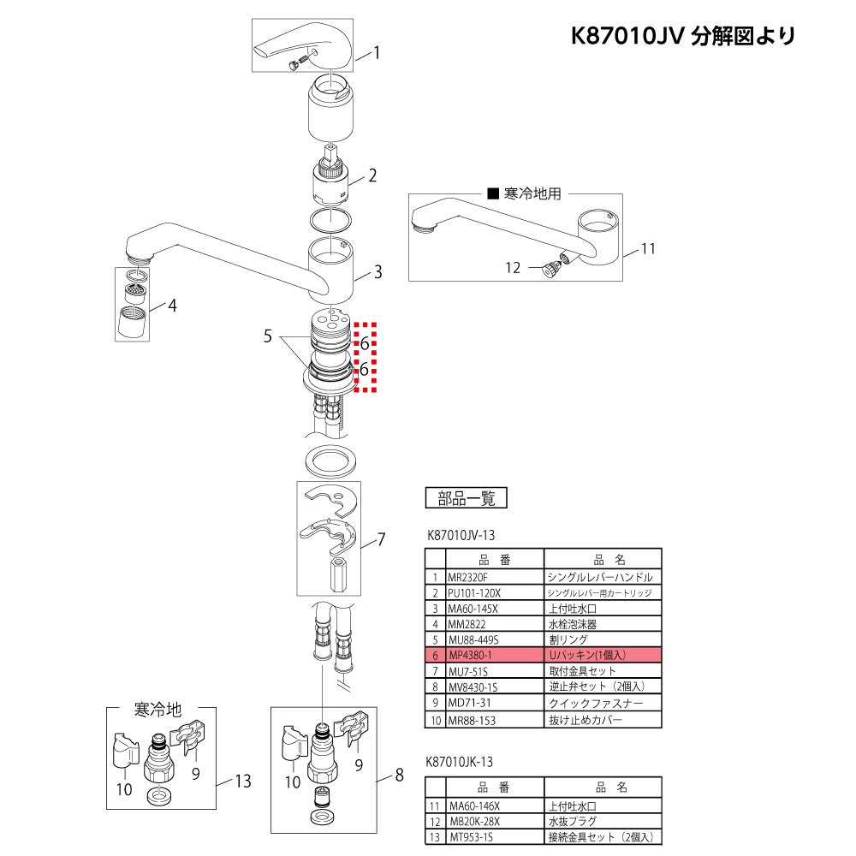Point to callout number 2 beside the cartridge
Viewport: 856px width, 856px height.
[x=372, y=177]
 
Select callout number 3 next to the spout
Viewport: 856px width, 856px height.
[x=377, y=273]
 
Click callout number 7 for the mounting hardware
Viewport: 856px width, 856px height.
[x=381, y=539]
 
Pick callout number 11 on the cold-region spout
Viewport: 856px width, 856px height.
[x=647, y=249]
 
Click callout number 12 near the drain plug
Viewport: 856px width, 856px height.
[x=512, y=268]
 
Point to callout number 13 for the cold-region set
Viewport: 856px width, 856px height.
[x=243, y=781]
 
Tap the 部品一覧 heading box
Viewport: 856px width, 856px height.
[x=467, y=497]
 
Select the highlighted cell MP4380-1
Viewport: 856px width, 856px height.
[x=470, y=654]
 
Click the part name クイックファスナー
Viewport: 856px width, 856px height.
[x=590, y=703]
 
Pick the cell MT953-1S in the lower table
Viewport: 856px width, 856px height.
[x=473, y=836]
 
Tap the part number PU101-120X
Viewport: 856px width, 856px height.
[x=473, y=593]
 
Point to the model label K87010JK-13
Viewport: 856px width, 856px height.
[x=459, y=761]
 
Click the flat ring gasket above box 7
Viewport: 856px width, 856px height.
[x=330, y=461]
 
